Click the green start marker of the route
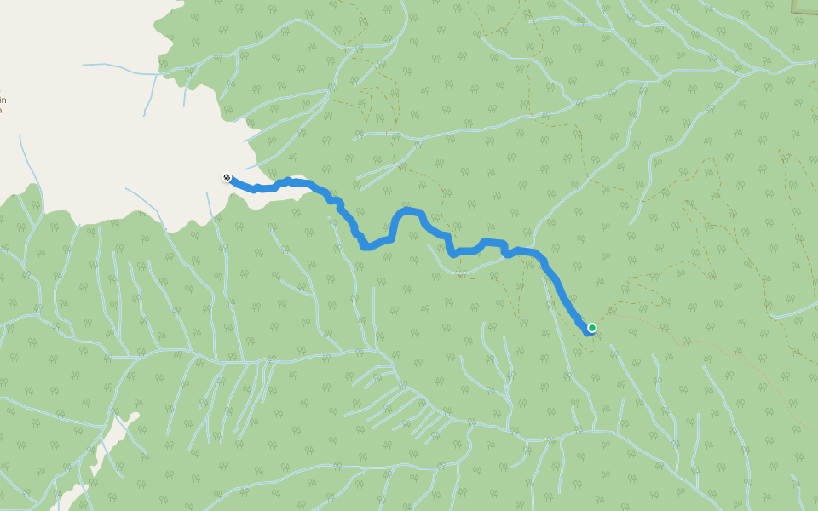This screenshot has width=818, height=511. pyautogui.click(x=591, y=327)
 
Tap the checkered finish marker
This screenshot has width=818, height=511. pyautogui.click(x=227, y=177)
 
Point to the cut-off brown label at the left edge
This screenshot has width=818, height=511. pyautogui.click(x=3, y=100)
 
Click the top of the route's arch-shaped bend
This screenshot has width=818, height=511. pyautogui.click(x=410, y=210)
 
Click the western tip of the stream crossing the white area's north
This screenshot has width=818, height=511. pyautogui.click(x=84, y=65)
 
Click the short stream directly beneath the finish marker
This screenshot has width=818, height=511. pyautogui.click(x=210, y=204)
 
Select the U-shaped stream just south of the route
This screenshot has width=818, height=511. pyautogui.click(x=460, y=271)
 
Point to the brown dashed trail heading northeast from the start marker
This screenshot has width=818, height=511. pyautogui.click(x=648, y=281)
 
